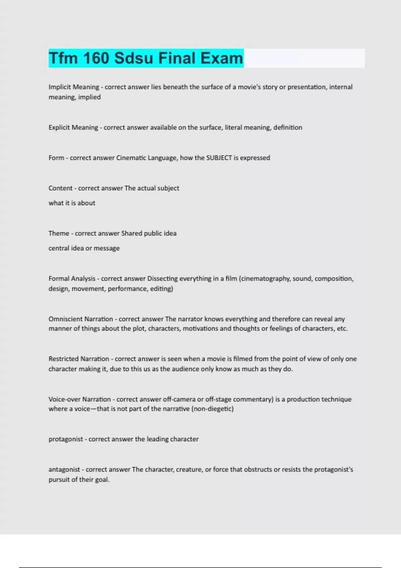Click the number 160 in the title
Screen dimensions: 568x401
click(96, 58)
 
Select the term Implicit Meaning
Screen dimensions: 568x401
click(74, 87)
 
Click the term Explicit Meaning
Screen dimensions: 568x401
click(73, 127)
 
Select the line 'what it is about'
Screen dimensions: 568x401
click(72, 203)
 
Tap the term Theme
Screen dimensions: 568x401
click(59, 233)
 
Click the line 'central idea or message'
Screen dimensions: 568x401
click(84, 248)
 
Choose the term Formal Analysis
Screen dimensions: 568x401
click(72, 278)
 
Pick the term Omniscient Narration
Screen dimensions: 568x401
click(81, 319)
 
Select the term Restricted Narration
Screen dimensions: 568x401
click(79, 359)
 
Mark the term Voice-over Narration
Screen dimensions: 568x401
click(80, 399)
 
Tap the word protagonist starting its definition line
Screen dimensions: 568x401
click(65, 439)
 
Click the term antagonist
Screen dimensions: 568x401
click(64, 469)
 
